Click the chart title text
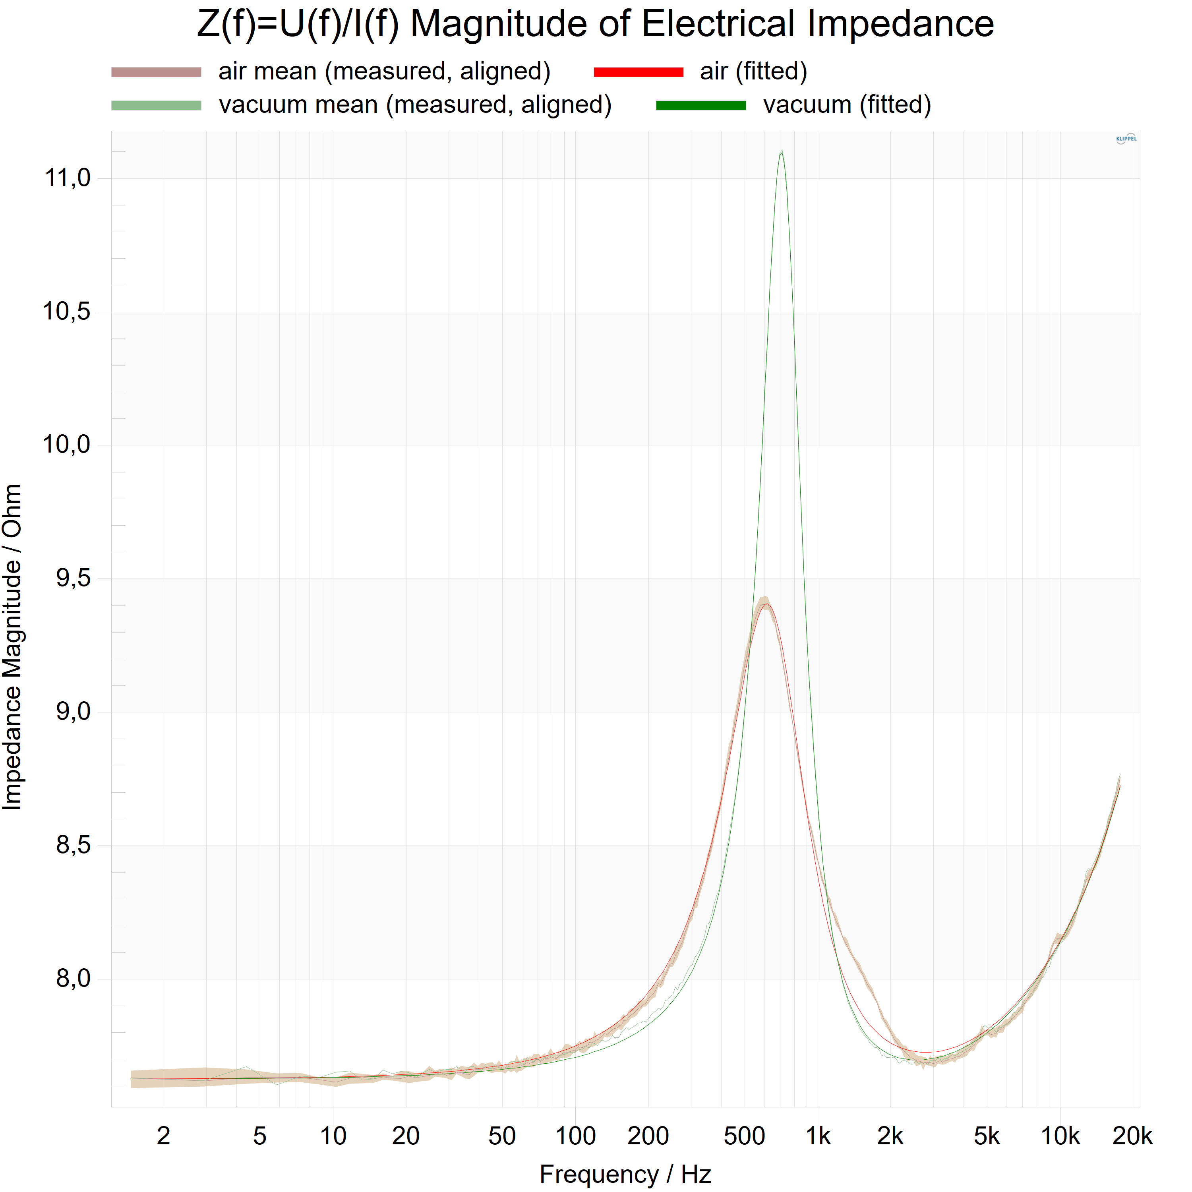[x=595, y=25]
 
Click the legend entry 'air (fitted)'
[x=753, y=72]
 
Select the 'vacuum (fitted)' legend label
[x=847, y=105]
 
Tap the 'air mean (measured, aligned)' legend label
[x=384, y=72]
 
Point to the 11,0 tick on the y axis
[x=67, y=178]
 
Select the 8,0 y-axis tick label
[x=73, y=979]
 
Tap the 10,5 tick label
[x=67, y=312]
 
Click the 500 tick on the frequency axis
[x=744, y=1136]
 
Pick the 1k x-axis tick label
[x=818, y=1136]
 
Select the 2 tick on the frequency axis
[x=163, y=1136]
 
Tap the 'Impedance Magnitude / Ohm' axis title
[x=12, y=646]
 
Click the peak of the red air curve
[x=766, y=604]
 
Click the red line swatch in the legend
[x=639, y=72]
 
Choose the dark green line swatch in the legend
[x=701, y=106]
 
